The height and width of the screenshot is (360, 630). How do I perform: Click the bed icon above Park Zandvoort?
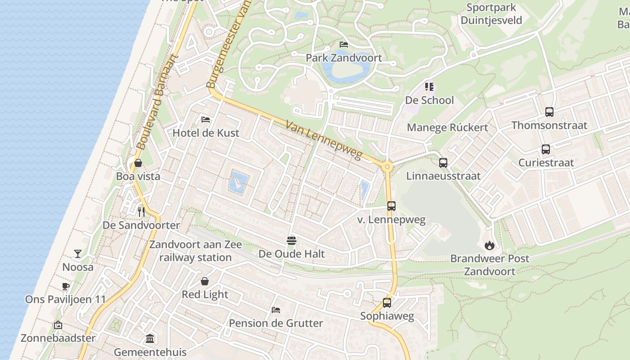[x=344, y=45]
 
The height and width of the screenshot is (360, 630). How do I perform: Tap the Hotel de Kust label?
[x=206, y=133]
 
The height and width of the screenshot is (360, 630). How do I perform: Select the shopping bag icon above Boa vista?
[x=138, y=163]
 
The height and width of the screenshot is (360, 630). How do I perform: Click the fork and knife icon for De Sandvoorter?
[x=141, y=211]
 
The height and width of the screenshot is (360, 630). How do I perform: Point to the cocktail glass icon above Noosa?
[x=78, y=254]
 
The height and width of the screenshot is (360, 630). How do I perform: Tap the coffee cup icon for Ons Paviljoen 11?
[x=66, y=286]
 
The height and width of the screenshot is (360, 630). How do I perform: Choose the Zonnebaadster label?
[x=58, y=338]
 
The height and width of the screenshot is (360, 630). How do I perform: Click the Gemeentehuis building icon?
[x=150, y=338]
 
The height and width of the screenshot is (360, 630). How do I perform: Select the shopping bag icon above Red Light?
[x=205, y=281]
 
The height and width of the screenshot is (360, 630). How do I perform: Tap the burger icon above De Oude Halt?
[x=292, y=241]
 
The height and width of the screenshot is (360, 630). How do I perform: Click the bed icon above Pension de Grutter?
[x=276, y=310]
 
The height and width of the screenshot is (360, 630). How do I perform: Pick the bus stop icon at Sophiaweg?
[x=387, y=303]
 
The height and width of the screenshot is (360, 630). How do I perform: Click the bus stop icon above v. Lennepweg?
[x=391, y=206]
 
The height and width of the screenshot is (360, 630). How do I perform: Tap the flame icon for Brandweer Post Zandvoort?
[x=490, y=245]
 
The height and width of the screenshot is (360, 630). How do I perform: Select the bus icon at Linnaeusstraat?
[x=443, y=163]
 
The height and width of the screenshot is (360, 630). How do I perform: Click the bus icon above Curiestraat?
[x=546, y=149]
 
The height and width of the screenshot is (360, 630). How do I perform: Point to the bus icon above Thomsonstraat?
[x=549, y=112]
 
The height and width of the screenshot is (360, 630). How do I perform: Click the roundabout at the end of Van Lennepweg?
[x=387, y=167]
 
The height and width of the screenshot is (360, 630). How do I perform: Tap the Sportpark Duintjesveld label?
[x=491, y=14]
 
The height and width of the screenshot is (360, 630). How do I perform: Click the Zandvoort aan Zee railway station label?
[x=196, y=251]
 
